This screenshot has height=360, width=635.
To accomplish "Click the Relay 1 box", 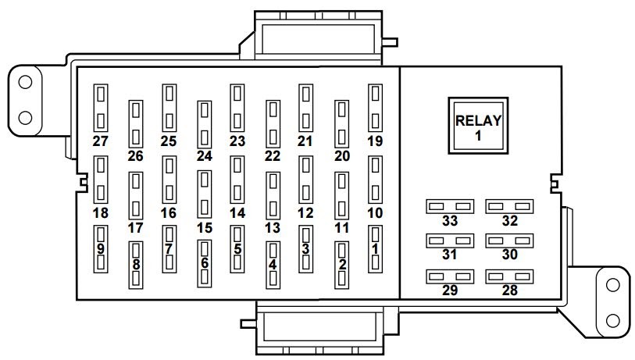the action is tap(478, 126).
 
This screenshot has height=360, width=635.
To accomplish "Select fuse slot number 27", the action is tap(101, 108).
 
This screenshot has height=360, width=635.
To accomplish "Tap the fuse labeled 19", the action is tap(375, 108).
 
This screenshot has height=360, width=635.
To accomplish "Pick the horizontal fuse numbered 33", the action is tap(450, 206).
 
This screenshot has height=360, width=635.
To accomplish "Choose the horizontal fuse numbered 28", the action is tap(509, 276).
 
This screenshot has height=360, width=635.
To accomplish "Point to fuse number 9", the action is tap(101, 249).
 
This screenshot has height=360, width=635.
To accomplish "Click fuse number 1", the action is tap(375, 249).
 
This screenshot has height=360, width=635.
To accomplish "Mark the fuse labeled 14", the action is tap(237, 180).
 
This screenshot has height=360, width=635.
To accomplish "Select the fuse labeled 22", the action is tap(273, 124).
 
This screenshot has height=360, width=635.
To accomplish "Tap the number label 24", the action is tap(205, 156).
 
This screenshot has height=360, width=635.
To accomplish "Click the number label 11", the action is tap(342, 227).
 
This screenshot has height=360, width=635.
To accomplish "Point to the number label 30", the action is tap(509, 255).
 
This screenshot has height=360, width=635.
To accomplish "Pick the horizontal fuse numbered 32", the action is tap(509, 206).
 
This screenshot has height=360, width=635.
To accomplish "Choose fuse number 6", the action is tap(205, 264).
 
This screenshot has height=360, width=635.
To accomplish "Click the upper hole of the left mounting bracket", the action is tap(25, 82).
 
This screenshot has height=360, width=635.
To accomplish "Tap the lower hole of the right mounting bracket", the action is tap(612, 321).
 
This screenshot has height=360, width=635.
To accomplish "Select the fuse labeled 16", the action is tap(169, 180).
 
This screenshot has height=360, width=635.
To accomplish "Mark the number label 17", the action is tap(136, 227).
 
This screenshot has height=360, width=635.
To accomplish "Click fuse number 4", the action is tap(273, 265).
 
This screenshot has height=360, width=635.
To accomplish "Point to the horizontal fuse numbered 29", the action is tap(450, 276).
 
